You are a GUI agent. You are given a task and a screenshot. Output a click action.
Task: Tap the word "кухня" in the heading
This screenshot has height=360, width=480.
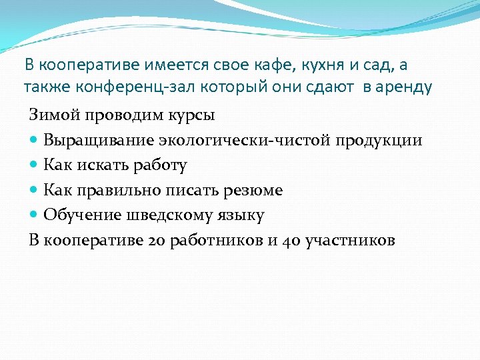pos(327,65)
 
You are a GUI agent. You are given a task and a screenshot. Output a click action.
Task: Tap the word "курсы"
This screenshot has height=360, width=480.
pos(190,115)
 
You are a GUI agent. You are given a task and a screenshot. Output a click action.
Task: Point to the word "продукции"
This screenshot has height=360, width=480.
pos(379,140)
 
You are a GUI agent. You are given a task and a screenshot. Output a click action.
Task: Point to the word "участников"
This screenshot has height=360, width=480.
pos(350,241)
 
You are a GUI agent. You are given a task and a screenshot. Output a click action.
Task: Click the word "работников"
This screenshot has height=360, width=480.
pos(216,241)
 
